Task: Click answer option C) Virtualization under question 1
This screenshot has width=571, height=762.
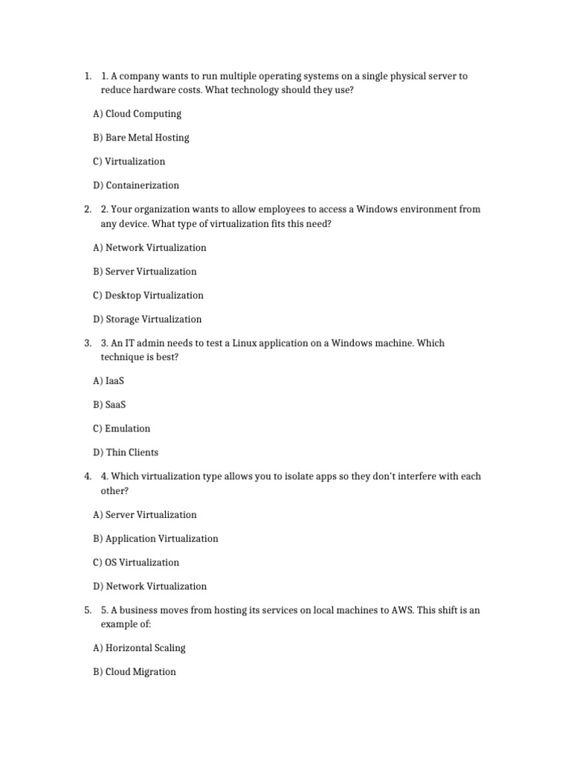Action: (x=129, y=161)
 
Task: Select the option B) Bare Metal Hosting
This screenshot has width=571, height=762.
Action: (x=141, y=138)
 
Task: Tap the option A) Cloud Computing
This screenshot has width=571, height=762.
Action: (x=137, y=114)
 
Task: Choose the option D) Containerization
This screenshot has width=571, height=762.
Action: (x=136, y=185)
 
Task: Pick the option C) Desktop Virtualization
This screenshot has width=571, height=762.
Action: (x=148, y=295)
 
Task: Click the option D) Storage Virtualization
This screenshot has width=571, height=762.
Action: (x=147, y=319)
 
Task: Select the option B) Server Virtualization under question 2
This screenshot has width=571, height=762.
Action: (x=145, y=272)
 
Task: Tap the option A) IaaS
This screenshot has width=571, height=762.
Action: (x=109, y=381)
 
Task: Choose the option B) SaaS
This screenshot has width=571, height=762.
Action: (x=109, y=405)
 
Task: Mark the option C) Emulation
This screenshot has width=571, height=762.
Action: (x=122, y=429)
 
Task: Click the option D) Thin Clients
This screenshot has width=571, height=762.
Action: (x=126, y=452)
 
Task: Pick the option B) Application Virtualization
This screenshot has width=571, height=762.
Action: (x=156, y=539)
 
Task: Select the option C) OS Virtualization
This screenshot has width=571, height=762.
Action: (x=136, y=563)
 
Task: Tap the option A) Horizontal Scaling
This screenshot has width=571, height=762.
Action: (x=140, y=648)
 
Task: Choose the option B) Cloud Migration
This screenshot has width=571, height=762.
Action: (x=135, y=672)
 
